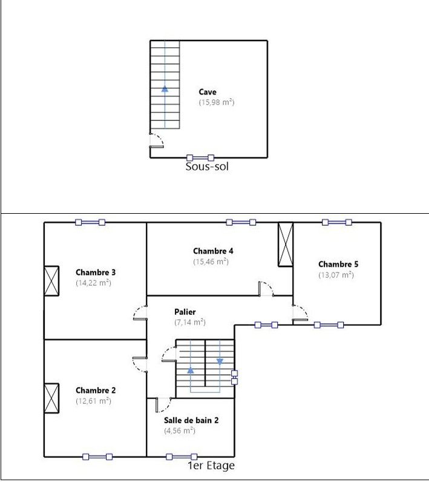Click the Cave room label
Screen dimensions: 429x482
coord(208,92)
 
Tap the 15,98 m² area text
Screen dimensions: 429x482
coord(217,102)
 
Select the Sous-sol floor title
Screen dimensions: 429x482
coord(208,167)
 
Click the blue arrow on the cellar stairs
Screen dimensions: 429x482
coord(165,88)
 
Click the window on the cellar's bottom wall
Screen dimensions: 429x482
coord(200,158)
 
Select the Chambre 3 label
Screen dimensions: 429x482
coord(96,272)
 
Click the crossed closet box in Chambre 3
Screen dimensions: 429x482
coord(51,281)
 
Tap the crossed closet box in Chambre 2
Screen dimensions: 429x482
coord(51,398)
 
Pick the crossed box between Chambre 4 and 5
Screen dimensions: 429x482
coord(286,244)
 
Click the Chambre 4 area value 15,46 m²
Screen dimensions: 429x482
coord(211,262)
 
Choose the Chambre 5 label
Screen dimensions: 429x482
coord(338,265)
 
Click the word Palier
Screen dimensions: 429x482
coord(185,312)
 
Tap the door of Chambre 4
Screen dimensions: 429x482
coord(266,289)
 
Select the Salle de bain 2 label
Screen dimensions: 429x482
coord(191,420)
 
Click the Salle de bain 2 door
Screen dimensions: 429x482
coord(163,404)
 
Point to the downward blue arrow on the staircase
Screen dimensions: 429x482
coord(220,361)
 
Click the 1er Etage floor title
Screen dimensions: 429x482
coord(211,466)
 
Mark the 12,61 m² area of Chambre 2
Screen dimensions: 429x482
coord(93,401)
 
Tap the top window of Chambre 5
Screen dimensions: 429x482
coord(337,222)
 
